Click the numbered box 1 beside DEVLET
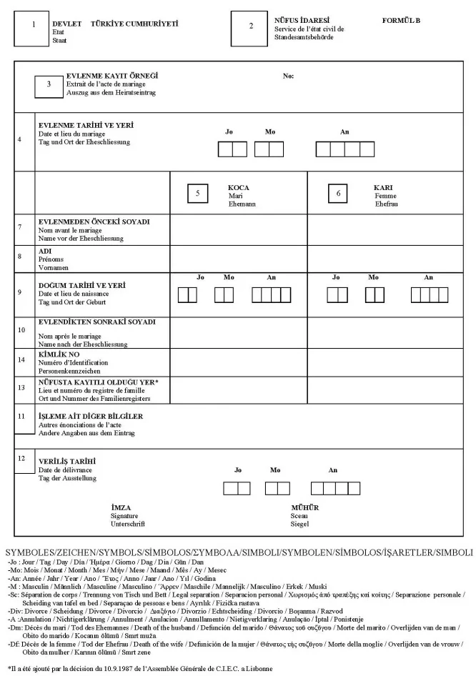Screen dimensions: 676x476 tap(31, 26)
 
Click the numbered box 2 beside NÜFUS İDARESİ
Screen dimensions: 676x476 tap(250, 26)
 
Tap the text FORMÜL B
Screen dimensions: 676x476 tap(401, 21)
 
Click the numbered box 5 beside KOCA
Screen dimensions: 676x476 tap(197, 193)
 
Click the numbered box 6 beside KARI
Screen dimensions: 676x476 tap(339, 193)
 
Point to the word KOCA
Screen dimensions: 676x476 tap(238, 188)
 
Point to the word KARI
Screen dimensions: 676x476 tap(383, 188)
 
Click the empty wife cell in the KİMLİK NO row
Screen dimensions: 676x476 tap(383, 363)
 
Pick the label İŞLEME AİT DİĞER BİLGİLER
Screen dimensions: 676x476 tap(90, 416)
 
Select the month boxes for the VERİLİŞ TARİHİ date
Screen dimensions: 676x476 tap(275, 488)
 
